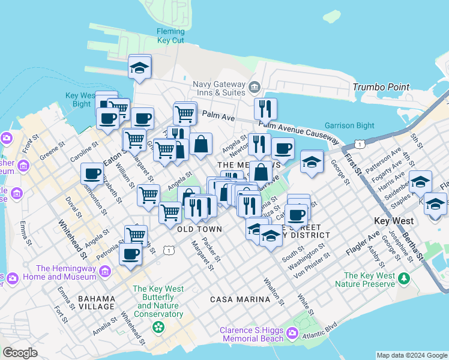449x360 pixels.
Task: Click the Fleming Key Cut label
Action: click(x=170, y=35)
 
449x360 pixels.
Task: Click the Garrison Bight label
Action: click(x=349, y=126)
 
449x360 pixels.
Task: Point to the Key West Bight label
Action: click(x=80, y=100)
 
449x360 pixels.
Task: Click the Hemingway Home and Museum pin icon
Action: click(x=105, y=272)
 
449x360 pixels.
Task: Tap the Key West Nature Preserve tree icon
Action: click(x=404, y=279)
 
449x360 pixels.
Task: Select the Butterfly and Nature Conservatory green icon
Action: click(x=158, y=327)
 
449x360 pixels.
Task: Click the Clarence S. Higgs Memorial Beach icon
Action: click(x=292, y=332)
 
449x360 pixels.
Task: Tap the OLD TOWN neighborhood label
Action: click(x=200, y=229)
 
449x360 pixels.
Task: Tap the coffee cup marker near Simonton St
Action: click(x=92, y=173)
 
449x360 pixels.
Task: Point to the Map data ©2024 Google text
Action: click(x=412, y=355)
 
